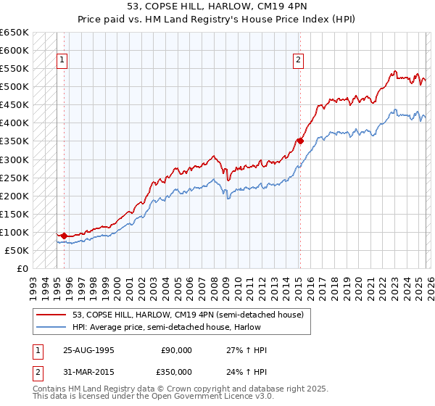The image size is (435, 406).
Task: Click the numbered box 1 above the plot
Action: (62, 61)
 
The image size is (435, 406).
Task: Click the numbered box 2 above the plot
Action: (299, 61)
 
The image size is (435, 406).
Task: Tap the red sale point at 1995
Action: (65, 236)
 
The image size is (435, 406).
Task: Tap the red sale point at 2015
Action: (299, 141)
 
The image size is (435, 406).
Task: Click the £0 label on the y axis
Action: (22, 268)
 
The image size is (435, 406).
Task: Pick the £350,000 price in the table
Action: (176, 373)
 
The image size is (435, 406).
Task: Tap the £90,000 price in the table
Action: (176, 350)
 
